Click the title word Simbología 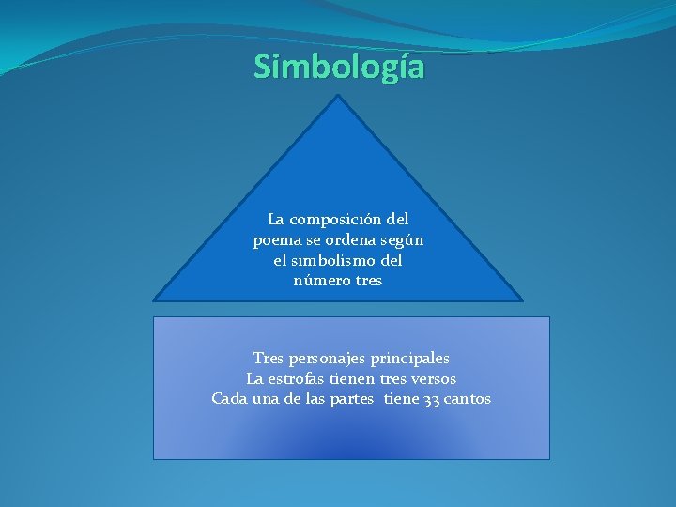tap(338, 68)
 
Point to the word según tap(403, 240)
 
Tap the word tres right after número tap(367, 281)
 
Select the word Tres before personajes tap(269, 359)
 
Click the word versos tap(430, 379)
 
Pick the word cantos tap(467, 399)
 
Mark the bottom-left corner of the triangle tap(154, 300)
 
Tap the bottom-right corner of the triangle tap(522, 300)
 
